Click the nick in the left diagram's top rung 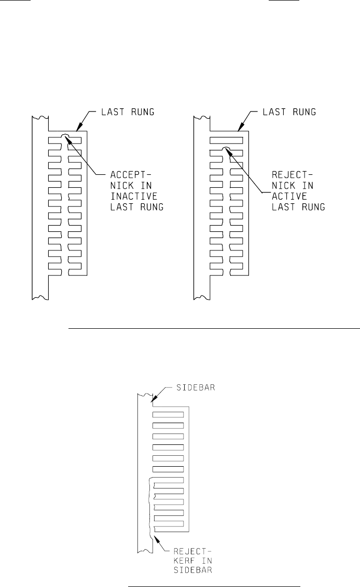point(64,136)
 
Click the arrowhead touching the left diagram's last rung point(78,128)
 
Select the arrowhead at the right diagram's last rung point(240,128)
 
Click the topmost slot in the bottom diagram point(168,414)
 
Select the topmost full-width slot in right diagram point(226,140)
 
